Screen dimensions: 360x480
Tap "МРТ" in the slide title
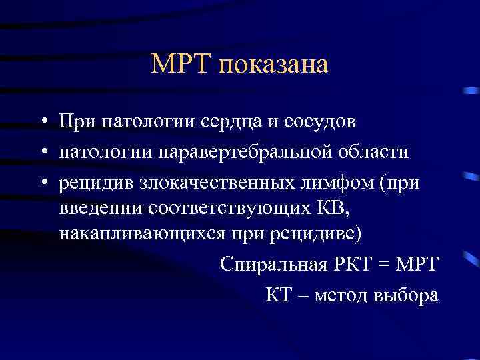[180, 65]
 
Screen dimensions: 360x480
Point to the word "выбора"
[407, 295]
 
